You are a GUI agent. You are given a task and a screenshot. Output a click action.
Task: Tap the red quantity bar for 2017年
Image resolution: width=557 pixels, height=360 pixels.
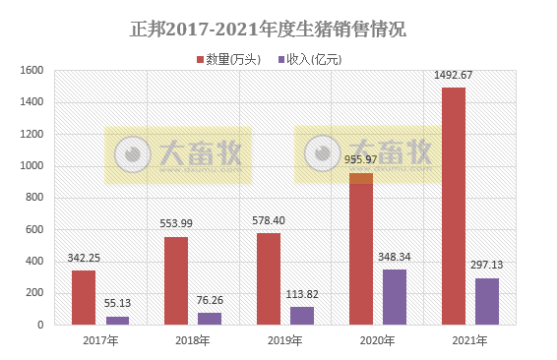(x=84, y=297)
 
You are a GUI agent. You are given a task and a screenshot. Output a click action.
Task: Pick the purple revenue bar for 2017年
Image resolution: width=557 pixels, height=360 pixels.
(x=117, y=320)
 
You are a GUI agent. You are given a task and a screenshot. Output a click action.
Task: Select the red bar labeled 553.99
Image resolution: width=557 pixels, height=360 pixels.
(x=176, y=280)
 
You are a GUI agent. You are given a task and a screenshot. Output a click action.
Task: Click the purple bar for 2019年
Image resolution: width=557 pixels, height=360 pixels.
(x=302, y=315)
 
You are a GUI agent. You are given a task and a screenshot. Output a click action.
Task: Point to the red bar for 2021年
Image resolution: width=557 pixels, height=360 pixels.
(x=454, y=206)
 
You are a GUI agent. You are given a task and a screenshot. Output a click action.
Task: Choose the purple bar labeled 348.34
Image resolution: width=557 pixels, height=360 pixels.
(x=395, y=296)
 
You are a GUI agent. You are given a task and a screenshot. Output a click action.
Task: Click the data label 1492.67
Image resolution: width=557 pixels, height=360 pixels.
(x=454, y=76)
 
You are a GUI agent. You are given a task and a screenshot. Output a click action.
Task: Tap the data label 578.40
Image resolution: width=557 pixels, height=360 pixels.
(x=269, y=221)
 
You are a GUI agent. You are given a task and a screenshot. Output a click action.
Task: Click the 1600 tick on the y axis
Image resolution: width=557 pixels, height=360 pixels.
(x=31, y=71)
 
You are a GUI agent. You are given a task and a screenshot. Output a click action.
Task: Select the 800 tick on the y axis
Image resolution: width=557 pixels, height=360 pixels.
(x=34, y=198)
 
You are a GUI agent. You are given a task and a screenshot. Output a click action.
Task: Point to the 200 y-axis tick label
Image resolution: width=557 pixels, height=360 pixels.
(x=34, y=293)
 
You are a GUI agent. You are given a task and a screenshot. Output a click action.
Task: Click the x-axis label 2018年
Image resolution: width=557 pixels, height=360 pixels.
(x=192, y=340)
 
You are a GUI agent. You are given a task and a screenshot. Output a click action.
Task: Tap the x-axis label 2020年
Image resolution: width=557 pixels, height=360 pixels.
(x=377, y=340)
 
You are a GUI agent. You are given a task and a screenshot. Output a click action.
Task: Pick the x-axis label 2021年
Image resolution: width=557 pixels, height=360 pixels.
(x=469, y=340)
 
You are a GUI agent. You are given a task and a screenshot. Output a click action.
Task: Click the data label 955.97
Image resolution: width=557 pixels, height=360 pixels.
(x=361, y=160)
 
